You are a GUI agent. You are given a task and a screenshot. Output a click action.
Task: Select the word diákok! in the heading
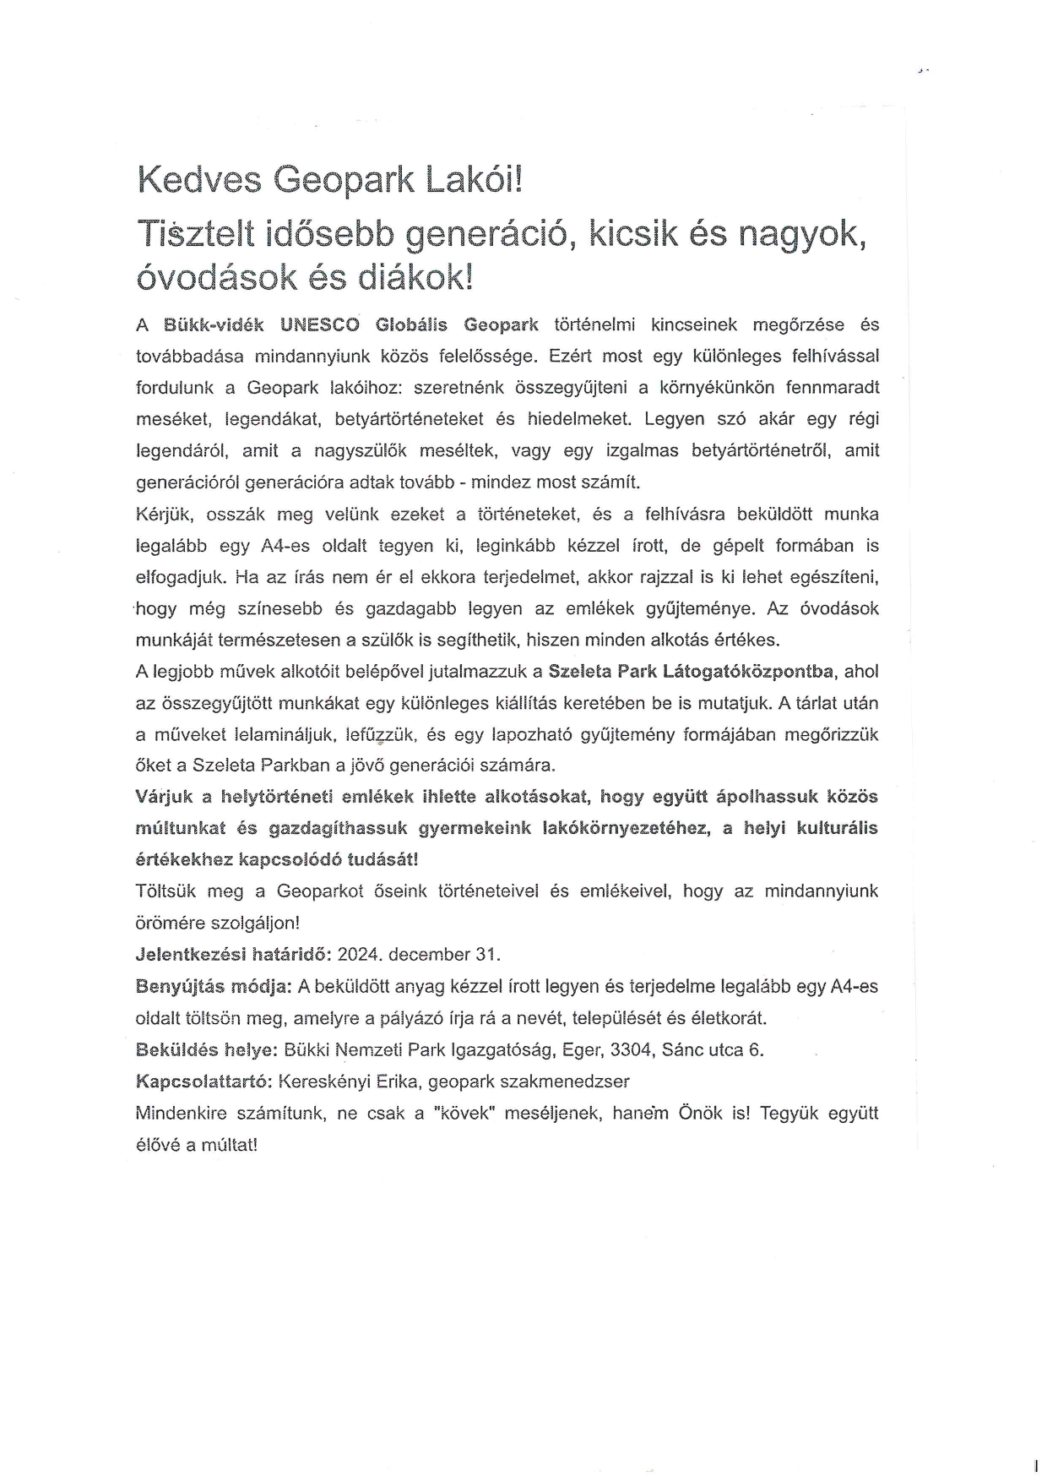(415, 276)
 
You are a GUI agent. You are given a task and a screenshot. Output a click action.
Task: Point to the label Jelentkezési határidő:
(233, 955)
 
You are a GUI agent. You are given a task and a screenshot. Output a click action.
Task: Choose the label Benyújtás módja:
(214, 986)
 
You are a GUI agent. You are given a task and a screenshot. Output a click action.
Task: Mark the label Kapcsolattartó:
(203, 1082)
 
